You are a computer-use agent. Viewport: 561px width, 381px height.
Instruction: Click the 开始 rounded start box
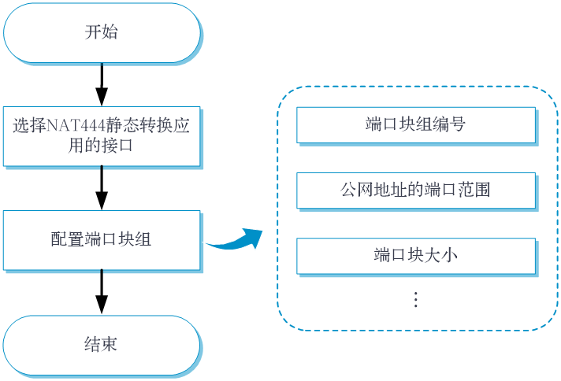[102, 33]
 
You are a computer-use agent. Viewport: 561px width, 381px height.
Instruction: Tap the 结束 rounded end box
[102, 345]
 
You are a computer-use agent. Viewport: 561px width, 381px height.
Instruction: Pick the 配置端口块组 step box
[102, 240]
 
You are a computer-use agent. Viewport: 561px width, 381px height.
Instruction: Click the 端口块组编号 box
[416, 124]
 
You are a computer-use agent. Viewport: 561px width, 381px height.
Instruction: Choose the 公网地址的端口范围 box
[416, 190]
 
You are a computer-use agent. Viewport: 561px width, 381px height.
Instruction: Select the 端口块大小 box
[416, 255]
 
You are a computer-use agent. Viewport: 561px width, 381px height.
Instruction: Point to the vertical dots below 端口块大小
[415, 299]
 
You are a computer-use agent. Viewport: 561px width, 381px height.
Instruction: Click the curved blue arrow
[232, 241]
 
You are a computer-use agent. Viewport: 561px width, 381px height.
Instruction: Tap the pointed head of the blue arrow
[257, 234]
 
